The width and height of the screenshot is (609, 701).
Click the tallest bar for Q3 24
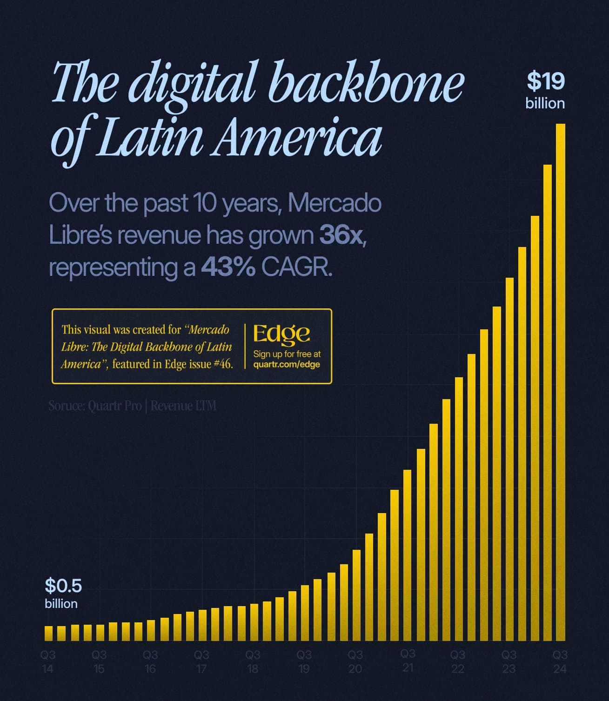click(560, 381)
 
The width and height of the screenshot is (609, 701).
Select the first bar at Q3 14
click(48, 633)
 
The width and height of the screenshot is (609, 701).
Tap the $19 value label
click(545, 81)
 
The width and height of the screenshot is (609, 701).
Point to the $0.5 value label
click(63, 586)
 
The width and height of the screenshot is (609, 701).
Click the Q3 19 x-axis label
click(304, 661)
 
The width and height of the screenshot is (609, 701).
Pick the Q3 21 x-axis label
click(408, 661)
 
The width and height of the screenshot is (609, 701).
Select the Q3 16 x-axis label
click(150, 661)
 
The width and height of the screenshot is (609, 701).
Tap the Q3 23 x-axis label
click(509, 661)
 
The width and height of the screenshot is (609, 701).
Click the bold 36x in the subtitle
click(341, 235)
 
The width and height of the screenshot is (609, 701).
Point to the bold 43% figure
click(228, 267)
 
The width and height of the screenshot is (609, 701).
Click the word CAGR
click(296, 267)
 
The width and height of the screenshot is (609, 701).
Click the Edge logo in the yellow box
click(281, 333)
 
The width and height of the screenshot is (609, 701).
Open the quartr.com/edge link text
click(287, 364)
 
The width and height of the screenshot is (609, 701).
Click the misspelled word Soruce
click(65, 406)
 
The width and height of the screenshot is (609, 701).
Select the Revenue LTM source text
click(183, 406)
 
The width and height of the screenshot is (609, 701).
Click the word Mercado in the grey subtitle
click(335, 203)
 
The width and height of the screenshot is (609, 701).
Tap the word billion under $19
click(545, 103)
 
